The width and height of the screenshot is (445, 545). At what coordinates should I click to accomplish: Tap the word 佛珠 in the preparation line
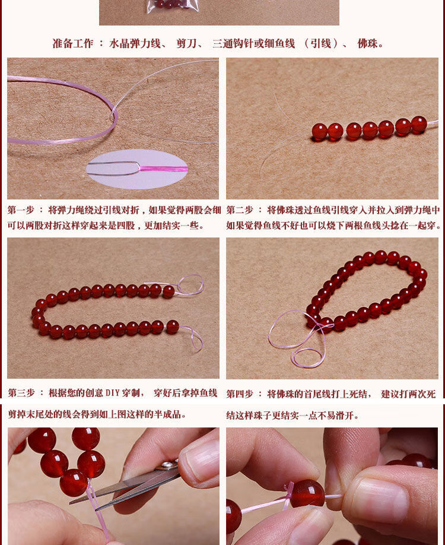point(368,43)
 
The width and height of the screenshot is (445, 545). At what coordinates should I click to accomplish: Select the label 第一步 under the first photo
point(21,210)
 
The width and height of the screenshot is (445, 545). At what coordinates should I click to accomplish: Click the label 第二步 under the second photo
point(240,210)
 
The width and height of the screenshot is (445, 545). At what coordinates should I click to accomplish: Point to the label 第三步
point(21,393)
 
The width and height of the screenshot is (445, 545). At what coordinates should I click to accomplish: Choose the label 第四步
point(240,394)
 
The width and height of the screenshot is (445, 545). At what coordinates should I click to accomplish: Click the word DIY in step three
point(113,393)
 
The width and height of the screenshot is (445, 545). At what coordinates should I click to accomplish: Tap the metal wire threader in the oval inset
point(114,168)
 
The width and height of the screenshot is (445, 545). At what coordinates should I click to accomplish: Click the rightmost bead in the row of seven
point(419,125)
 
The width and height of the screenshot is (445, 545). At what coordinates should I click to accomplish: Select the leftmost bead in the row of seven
point(320,132)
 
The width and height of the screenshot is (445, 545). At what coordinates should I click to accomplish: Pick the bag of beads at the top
point(172,7)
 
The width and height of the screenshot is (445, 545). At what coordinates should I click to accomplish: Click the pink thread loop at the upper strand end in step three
point(190,284)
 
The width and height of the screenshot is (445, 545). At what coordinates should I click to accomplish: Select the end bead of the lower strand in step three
point(172,327)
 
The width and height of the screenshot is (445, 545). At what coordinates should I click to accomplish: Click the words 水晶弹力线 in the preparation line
point(135,43)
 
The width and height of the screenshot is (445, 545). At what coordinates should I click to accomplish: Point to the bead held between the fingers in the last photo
point(307,494)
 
